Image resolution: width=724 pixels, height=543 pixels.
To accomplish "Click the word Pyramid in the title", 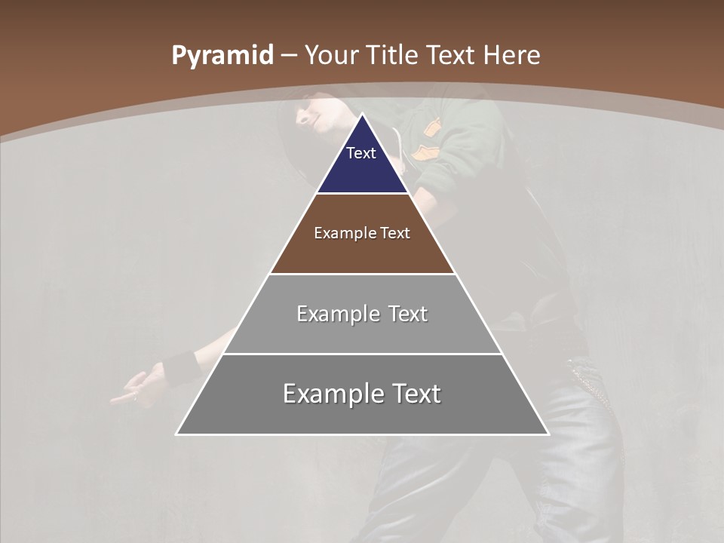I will [x=222, y=56].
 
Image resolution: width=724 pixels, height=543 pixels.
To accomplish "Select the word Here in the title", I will [x=511, y=55].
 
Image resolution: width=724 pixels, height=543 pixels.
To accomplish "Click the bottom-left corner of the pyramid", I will [x=178, y=434].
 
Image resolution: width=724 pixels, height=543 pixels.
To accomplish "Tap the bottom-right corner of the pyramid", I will [x=548, y=434].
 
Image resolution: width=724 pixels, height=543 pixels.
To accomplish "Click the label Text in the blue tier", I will [x=361, y=153].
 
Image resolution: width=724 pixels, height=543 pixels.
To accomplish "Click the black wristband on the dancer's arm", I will [x=179, y=368].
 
